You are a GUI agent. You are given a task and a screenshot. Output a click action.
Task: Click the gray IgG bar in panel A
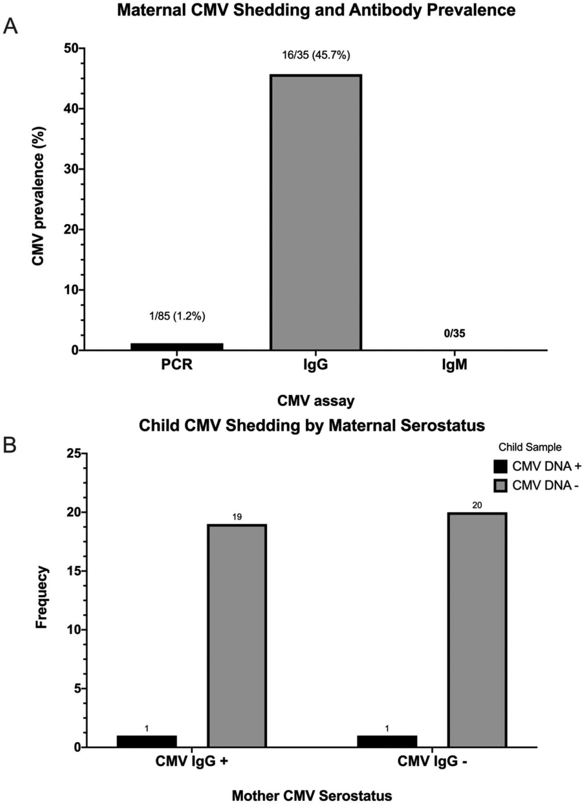pyautogui.click(x=315, y=212)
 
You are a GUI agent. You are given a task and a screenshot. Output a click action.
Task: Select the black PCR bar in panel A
pyautogui.click(x=177, y=347)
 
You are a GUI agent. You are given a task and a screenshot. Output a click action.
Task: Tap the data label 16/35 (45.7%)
pyautogui.click(x=315, y=55)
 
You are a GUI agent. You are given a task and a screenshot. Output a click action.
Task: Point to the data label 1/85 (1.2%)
pyautogui.click(x=177, y=316)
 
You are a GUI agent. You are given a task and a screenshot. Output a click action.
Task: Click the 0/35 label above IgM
pyautogui.click(x=454, y=333)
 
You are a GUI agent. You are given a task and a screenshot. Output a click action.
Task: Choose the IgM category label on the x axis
pyautogui.click(x=454, y=365)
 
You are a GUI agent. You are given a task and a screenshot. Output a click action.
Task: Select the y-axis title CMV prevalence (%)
pyautogui.click(x=38, y=196)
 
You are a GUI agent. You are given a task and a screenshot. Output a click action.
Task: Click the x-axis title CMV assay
pyautogui.click(x=315, y=401)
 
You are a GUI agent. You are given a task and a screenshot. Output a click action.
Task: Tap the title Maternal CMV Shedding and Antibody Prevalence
pyautogui.click(x=316, y=10)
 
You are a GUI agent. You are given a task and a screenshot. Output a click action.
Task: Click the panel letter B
pyautogui.click(x=10, y=445)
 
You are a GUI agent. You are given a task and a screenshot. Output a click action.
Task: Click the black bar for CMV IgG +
pyautogui.click(x=147, y=741)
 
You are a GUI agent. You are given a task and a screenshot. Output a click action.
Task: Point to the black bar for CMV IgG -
pyautogui.click(x=387, y=741)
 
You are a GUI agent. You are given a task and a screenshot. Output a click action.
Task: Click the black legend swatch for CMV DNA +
pyautogui.click(x=500, y=466)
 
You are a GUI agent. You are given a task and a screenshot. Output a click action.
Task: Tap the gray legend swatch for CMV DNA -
pyautogui.click(x=500, y=486)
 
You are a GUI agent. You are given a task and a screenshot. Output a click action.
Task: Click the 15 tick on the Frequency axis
pyautogui.click(x=74, y=571)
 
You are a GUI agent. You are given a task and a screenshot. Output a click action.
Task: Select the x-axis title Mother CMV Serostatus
pyautogui.click(x=312, y=783)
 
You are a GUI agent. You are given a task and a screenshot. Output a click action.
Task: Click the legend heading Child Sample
pyautogui.click(x=530, y=447)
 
